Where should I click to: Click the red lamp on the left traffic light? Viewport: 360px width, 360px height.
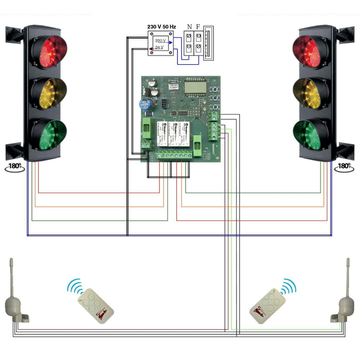(x=48, y=51)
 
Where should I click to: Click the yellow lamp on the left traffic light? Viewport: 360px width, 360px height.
(x=48, y=92)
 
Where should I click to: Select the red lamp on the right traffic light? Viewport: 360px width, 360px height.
(x=310, y=51)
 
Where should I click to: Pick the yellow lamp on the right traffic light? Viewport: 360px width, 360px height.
(x=310, y=92)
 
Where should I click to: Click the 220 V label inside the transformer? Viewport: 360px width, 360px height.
(x=161, y=40)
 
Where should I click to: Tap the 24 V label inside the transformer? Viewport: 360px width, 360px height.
(x=160, y=47)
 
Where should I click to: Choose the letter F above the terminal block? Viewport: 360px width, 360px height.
(x=198, y=27)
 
